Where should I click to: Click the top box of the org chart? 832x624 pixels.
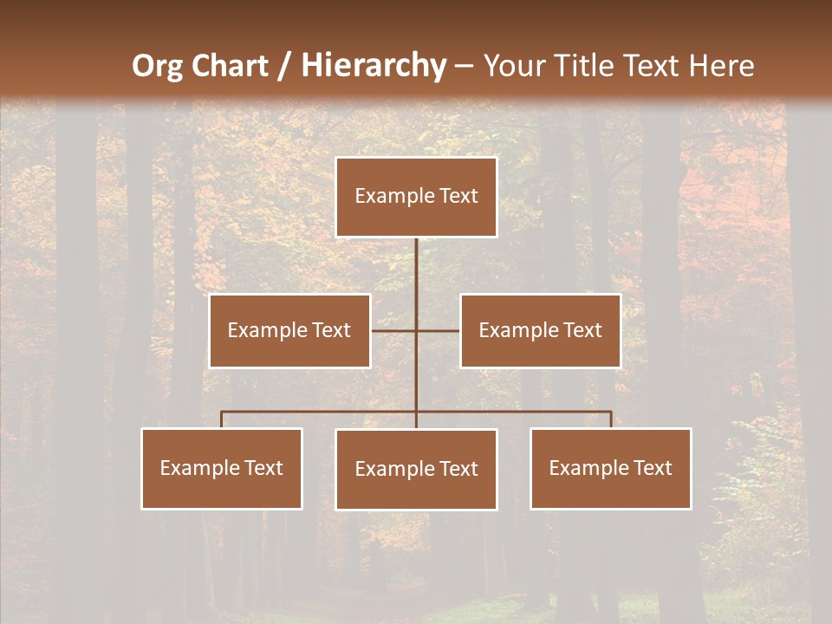pyautogui.click(x=416, y=197)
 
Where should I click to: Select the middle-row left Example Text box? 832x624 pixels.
pyautogui.click(x=289, y=330)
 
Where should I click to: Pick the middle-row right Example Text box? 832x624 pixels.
pyautogui.click(x=540, y=330)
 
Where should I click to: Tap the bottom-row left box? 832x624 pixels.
pyautogui.click(x=222, y=468)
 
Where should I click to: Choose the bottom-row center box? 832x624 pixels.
pyautogui.click(x=416, y=469)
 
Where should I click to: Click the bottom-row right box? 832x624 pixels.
pyautogui.click(x=610, y=468)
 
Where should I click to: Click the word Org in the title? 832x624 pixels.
pyautogui.click(x=157, y=66)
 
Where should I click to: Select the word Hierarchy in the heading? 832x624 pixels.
pyautogui.click(x=373, y=66)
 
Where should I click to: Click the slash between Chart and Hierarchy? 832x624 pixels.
pyautogui.click(x=284, y=67)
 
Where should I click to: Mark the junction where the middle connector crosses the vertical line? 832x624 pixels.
pyautogui.click(x=416, y=330)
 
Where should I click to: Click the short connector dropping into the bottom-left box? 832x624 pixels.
pyautogui.click(x=222, y=419)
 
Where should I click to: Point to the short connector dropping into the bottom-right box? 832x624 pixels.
pyautogui.click(x=611, y=419)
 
